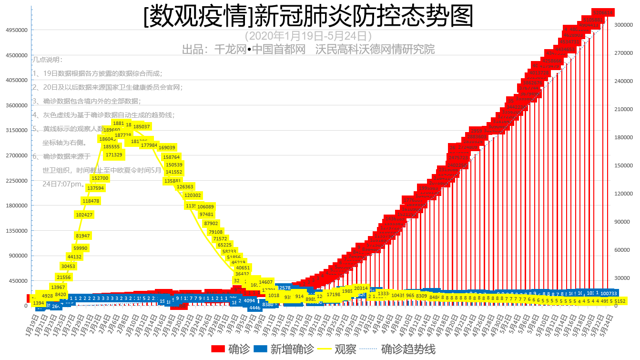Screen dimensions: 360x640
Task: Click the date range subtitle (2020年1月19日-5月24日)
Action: (308, 36)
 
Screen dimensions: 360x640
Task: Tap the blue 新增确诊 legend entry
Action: (284, 349)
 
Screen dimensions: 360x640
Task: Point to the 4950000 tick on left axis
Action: (16, 30)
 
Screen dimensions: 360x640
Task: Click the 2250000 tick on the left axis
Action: (16, 181)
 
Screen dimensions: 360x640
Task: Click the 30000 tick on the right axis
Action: (621, 278)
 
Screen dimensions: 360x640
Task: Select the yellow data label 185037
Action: (142, 127)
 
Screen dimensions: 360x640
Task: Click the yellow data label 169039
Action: (167, 148)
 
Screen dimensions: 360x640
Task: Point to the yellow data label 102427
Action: (84, 215)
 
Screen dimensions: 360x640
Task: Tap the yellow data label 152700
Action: (100, 178)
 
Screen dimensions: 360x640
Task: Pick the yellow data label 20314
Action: (361, 288)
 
